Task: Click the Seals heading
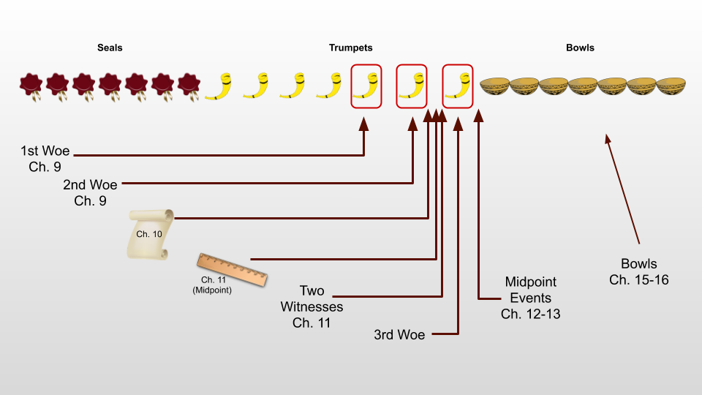pos(110,48)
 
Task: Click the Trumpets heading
pos(350,48)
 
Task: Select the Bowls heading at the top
pos(580,48)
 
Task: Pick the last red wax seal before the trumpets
pos(189,86)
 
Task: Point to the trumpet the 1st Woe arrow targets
pos(366,86)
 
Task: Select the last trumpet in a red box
pos(458,86)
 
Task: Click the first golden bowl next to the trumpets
pos(494,86)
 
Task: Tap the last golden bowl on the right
pos(671,86)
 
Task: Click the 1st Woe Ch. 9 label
pos(45,159)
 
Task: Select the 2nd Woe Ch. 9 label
pos(90,192)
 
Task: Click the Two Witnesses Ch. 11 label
pos(312,306)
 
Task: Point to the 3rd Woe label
pos(399,335)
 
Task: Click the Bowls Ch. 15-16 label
pos(638,271)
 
